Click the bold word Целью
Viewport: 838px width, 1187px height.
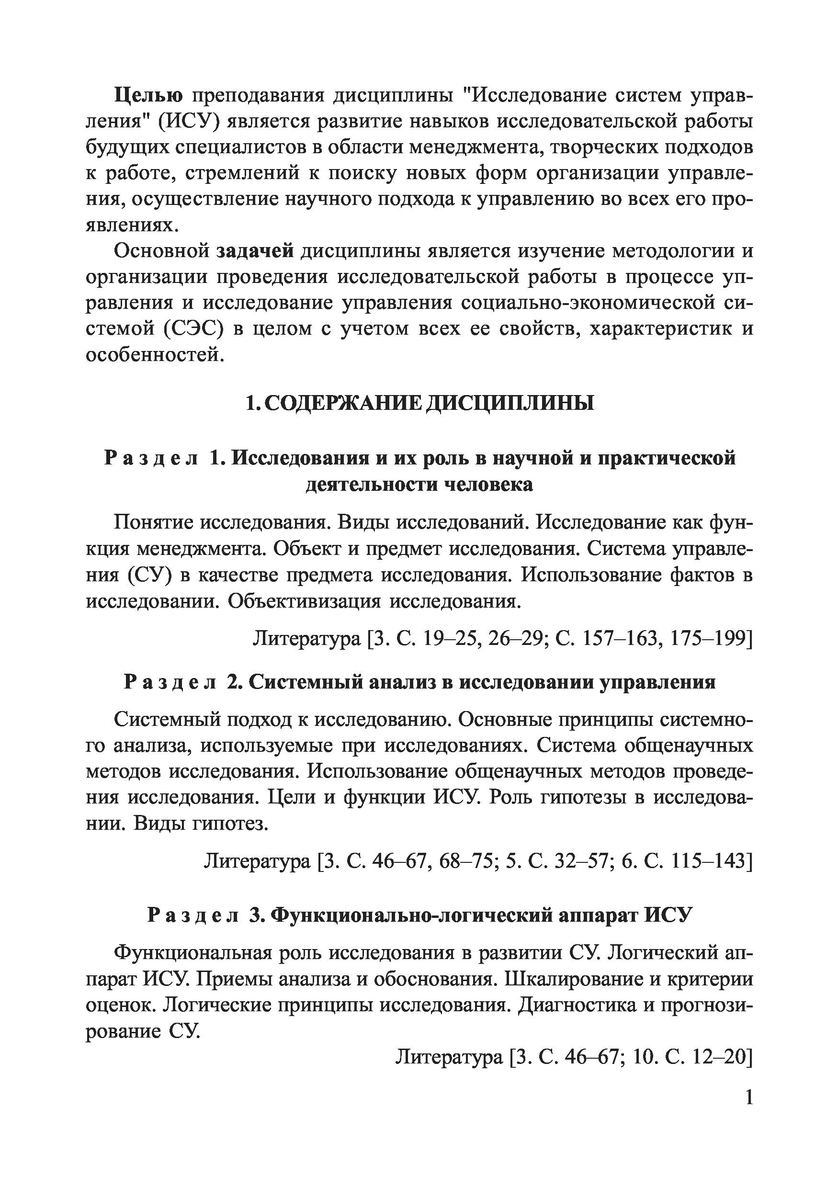pyautogui.click(x=148, y=96)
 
